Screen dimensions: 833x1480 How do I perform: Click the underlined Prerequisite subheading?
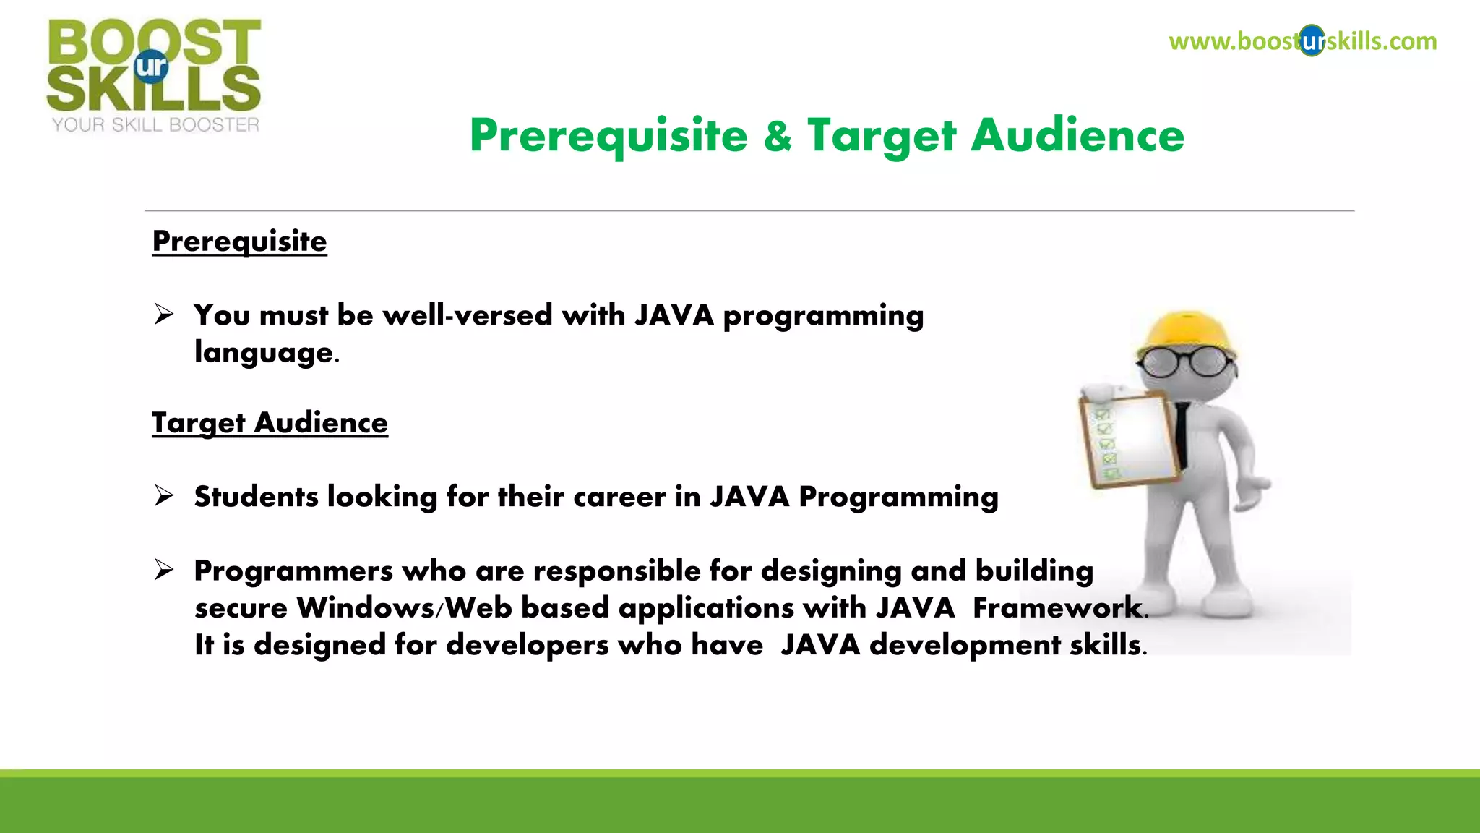pyautogui.click(x=239, y=242)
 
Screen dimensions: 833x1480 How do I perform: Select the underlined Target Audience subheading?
pyautogui.click(x=270, y=423)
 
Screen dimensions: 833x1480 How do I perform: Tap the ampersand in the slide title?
pyautogui.click(x=777, y=136)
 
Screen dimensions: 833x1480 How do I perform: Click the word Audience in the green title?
pyautogui.click(x=1077, y=136)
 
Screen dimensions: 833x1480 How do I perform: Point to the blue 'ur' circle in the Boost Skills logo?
pyautogui.click(x=151, y=67)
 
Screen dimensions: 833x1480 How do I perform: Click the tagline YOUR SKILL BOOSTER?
pyautogui.click(x=155, y=125)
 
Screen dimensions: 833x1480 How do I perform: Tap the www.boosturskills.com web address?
pyautogui.click(x=1302, y=41)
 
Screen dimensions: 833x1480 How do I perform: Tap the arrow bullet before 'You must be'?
pyautogui.click(x=164, y=315)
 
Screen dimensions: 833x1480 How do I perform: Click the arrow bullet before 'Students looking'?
pyautogui.click(x=164, y=496)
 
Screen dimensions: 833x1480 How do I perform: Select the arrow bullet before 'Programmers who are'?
pyautogui.click(x=164, y=571)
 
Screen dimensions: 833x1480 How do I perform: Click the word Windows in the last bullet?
pyautogui.click(x=365, y=607)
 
